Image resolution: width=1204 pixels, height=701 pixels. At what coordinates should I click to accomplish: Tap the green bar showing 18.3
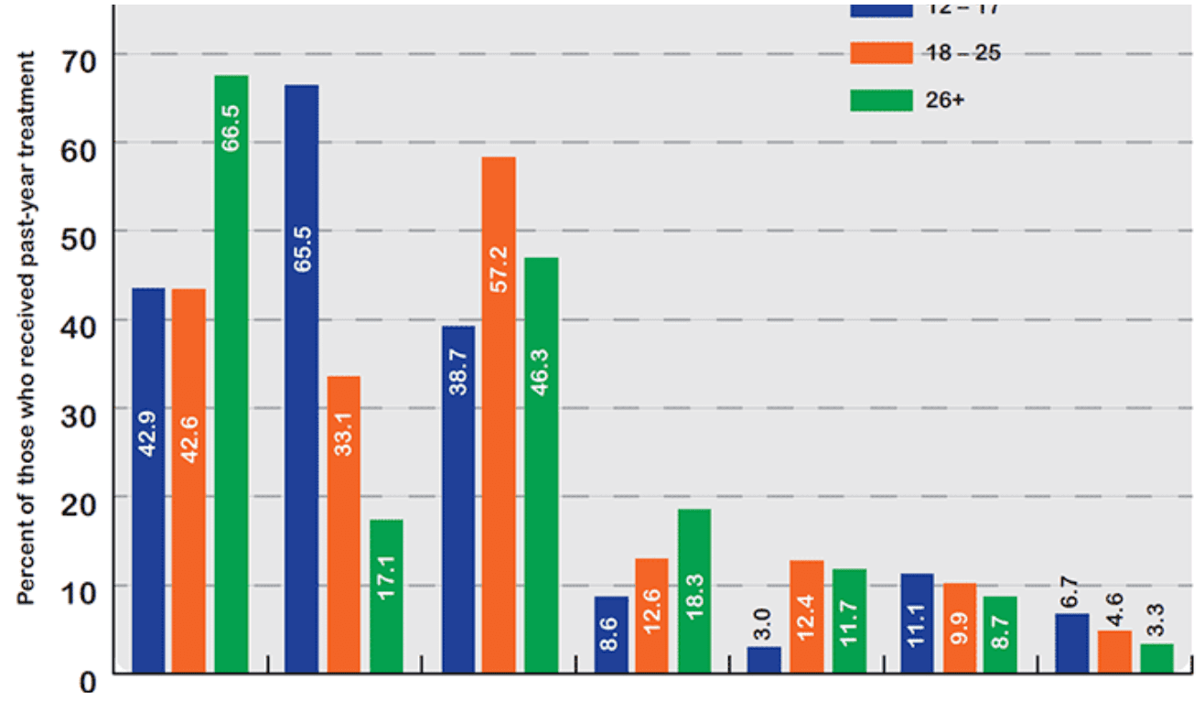[x=693, y=591]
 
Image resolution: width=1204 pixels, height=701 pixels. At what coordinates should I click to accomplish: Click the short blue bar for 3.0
[x=765, y=660]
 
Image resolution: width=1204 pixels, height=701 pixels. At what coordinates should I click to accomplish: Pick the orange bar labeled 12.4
[x=807, y=617]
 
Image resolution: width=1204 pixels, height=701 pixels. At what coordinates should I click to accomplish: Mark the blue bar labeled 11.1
[x=917, y=623]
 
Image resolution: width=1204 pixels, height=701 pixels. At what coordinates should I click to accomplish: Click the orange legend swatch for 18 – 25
[x=881, y=53]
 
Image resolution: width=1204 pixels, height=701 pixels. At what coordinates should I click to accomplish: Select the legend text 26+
[x=944, y=100]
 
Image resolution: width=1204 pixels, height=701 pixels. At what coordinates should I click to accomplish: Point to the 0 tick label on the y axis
[x=88, y=679]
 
